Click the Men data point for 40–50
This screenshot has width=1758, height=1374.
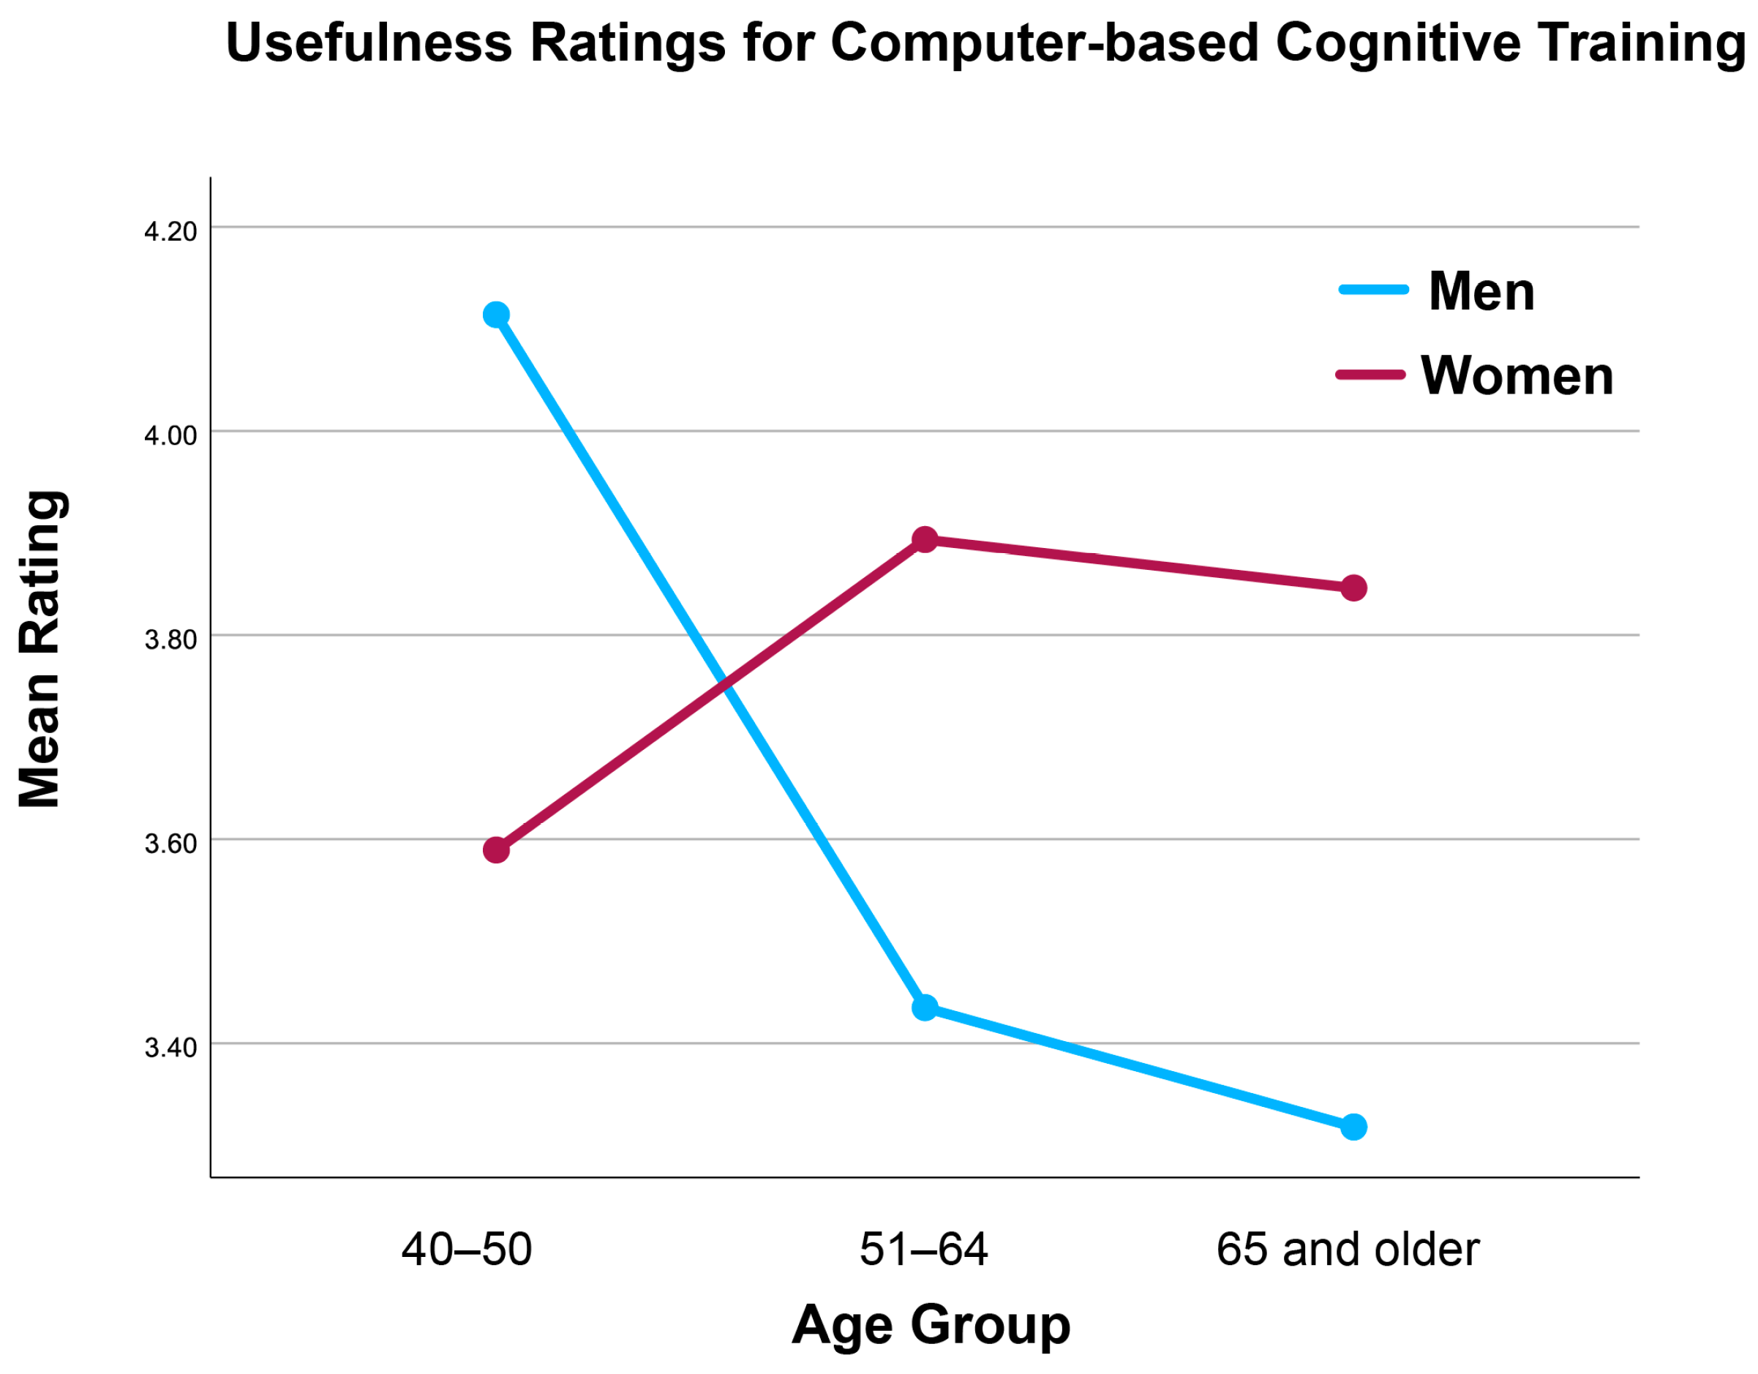pyautogui.click(x=496, y=314)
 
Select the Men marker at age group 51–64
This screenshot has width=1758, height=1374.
pyautogui.click(x=925, y=1007)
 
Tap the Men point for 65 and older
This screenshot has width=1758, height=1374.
pyautogui.click(x=1354, y=1127)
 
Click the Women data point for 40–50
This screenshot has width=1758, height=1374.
pyautogui.click(x=496, y=850)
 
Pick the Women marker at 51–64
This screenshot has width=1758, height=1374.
pyautogui.click(x=925, y=539)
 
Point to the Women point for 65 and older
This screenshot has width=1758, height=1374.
pyautogui.click(x=1354, y=588)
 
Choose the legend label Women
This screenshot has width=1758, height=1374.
pyautogui.click(x=1517, y=376)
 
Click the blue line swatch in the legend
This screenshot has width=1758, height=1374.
pyautogui.click(x=1373, y=290)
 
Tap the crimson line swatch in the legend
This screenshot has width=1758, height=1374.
pyautogui.click(x=1370, y=375)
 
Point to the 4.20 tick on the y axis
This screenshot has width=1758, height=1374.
pyautogui.click(x=170, y=232)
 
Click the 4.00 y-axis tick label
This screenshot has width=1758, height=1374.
pyautogui.click(x=170, y=435)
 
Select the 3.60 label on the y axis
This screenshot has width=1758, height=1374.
pyautogui.click(x=170, y=844)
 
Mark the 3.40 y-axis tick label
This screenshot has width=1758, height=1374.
pyautogui.click(x=170, y=1048)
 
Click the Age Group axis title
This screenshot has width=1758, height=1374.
pyautogui.click(x=931, y=1324)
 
